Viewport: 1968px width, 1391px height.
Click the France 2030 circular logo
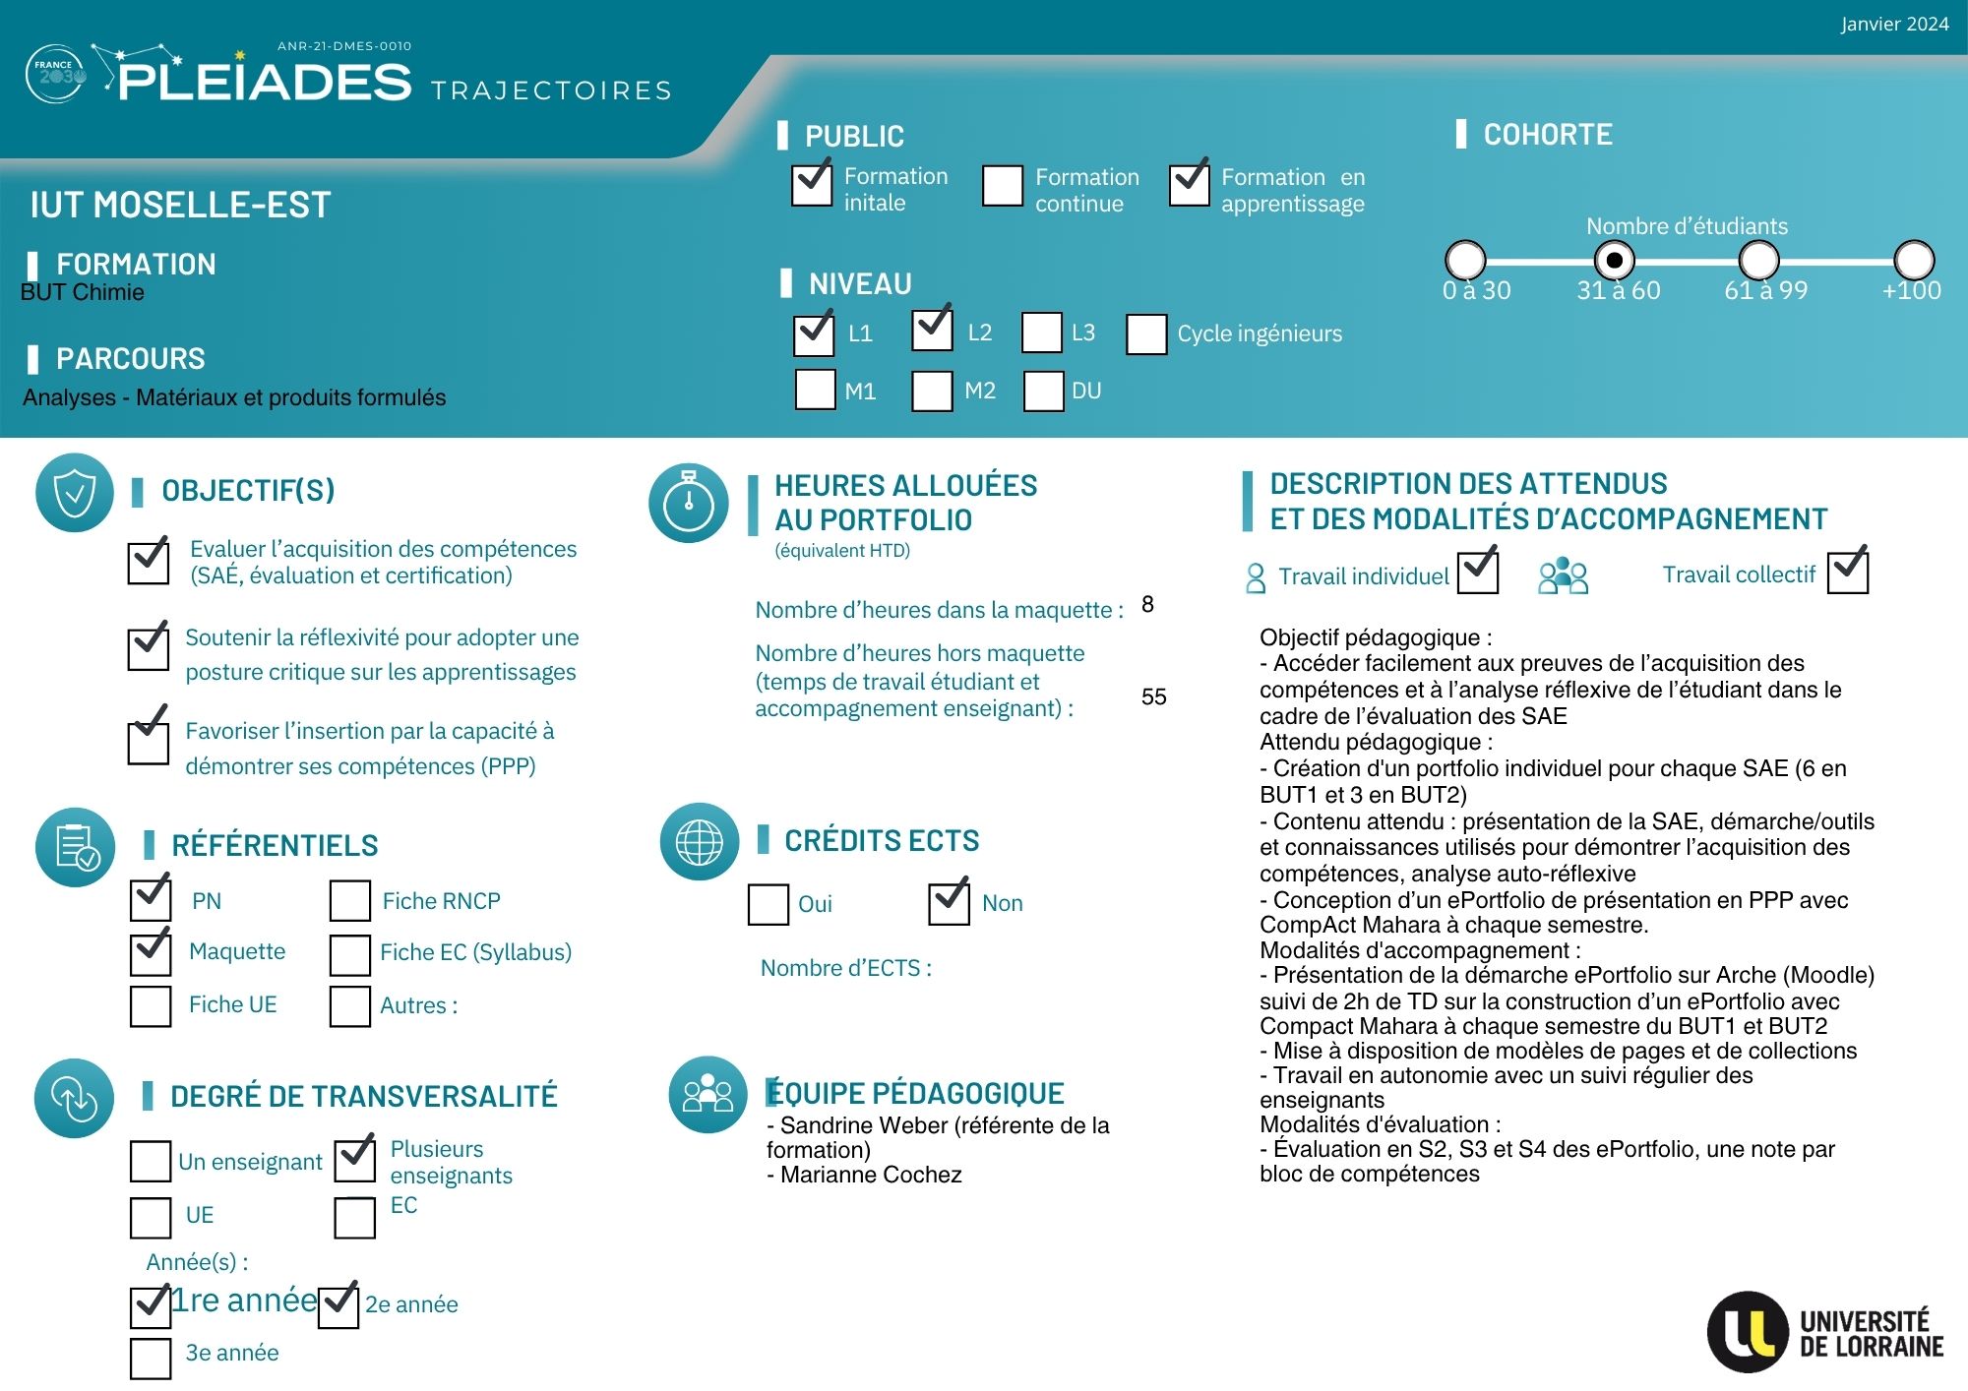point(56,74)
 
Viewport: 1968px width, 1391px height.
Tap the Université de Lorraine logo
point(1825,1332)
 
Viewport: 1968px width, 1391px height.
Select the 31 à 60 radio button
point(1614,261)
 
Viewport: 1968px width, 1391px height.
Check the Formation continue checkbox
point(1003,186)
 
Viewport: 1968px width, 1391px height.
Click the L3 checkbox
point(1042,333)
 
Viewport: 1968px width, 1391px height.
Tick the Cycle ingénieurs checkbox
point(1146,333)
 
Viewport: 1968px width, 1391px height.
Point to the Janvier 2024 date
point(1894,25)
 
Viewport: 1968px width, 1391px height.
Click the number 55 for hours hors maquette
point(1153,696)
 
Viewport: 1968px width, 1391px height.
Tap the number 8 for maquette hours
point(1147,604)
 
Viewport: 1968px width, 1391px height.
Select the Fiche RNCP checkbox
point(350,900)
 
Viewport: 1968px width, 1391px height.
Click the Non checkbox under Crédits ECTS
point(949,903)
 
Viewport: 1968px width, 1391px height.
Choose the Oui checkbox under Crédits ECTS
point(769,904)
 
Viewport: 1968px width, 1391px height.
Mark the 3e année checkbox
point(151,1358)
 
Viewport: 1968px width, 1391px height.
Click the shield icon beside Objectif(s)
point(75,493)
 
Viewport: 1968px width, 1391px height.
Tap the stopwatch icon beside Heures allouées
point(689,503)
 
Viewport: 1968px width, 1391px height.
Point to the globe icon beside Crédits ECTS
point(700,842)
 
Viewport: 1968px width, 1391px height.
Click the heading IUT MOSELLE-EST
point(180,205)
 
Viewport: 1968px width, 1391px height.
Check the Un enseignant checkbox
point(151,1161)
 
